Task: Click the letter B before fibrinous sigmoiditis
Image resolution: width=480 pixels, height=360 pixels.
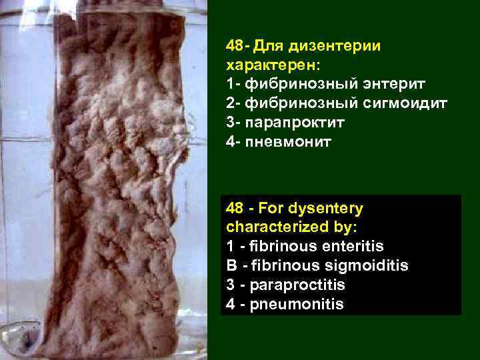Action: tap(231, 266)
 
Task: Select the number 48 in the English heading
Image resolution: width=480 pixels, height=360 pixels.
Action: tap(235, 209)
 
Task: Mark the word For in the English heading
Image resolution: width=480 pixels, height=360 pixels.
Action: tap(273, 209)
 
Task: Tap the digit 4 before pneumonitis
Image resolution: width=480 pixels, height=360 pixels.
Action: tap(230, 304)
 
